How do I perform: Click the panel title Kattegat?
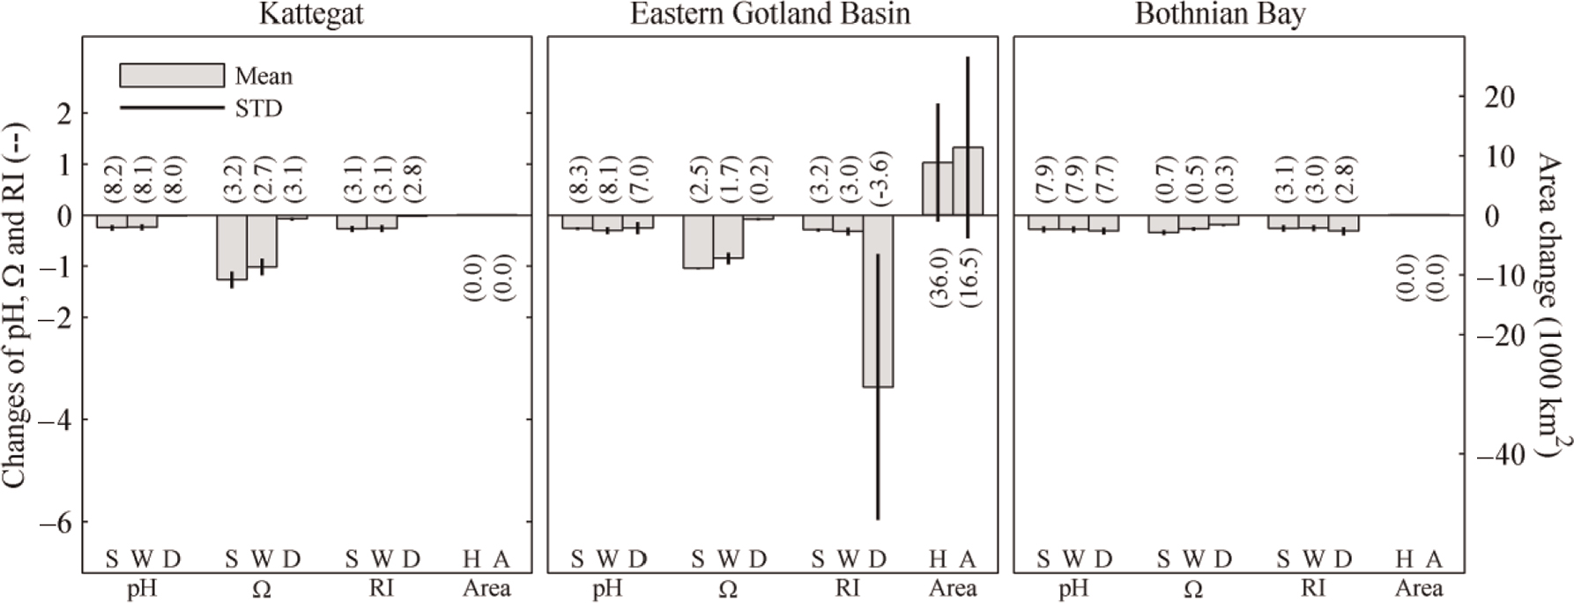311,15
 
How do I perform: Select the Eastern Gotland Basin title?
770,15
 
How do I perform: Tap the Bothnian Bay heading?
1220,15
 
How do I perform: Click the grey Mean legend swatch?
172,75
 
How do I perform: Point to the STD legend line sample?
172,108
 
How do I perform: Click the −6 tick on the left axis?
52,523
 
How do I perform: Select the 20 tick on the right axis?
1499,97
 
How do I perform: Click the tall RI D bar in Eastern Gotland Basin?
878,301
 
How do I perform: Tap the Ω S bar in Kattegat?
232,247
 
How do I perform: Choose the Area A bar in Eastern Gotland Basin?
968,181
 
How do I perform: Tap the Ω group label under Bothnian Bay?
1193,589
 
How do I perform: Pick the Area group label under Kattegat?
486,588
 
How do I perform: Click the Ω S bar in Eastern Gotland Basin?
697,242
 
